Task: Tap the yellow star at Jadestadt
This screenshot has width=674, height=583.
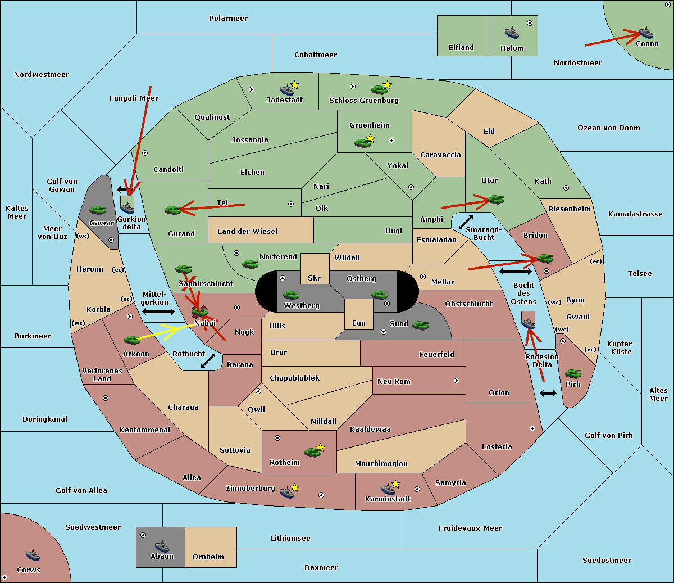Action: coord(294,85)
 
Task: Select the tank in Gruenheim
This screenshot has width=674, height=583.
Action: coord(362,143)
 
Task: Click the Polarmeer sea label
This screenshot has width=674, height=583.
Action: coord(228,19)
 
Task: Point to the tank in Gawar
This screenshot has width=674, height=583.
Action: coord(97,210)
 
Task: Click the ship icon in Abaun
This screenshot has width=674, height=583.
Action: coord(162,546)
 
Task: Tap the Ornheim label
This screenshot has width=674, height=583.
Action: coord(208,557)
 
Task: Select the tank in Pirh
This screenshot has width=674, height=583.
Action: coord(573,373)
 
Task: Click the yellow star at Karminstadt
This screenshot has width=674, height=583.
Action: coord(395,483)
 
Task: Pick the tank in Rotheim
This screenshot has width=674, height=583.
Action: coord(312,452)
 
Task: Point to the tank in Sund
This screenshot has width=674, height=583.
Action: coord(420,325)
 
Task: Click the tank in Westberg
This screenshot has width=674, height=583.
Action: coord(291,295)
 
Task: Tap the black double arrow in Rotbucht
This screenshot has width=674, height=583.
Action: coord(208,360)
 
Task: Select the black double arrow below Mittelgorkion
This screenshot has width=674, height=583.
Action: coord(158,311)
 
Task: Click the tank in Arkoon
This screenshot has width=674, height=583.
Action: coord(133,340)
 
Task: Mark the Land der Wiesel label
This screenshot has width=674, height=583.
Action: coord(247,232)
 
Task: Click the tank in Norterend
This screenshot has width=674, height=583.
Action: coord(250,264)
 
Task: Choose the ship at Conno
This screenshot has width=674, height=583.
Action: coord(646,33)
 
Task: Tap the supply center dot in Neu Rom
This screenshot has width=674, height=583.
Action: coord(457,381)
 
